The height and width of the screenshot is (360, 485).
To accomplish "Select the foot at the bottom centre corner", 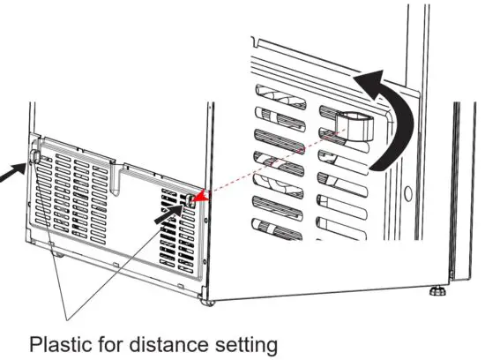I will point(209,303).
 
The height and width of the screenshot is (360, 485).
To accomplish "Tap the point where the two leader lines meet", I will point(66,316).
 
